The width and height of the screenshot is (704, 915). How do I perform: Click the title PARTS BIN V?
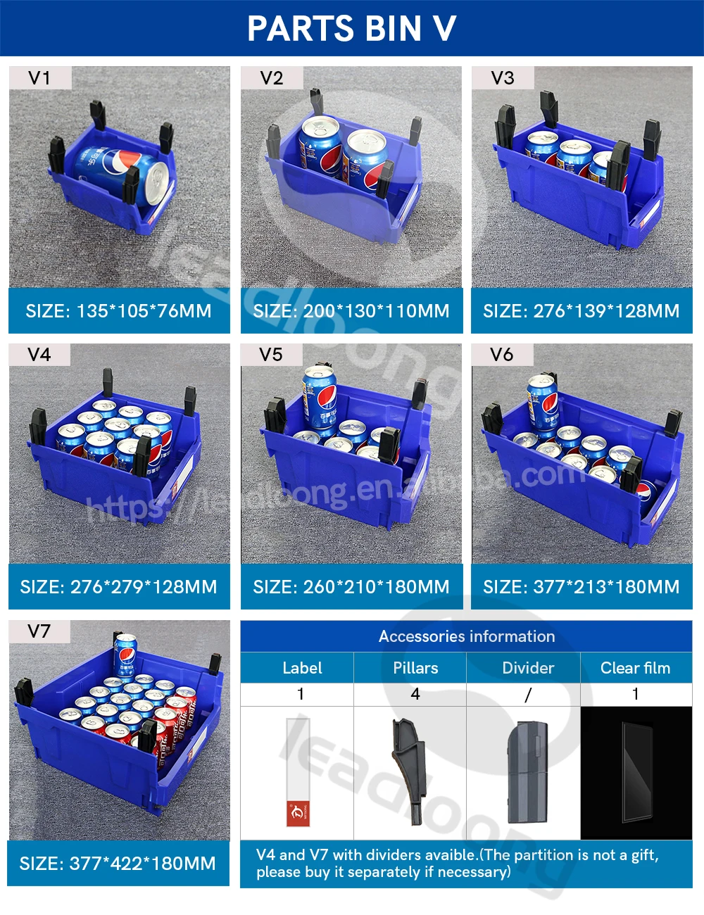tap(351, 28)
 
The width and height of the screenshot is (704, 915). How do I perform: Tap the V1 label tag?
tap(39, 78)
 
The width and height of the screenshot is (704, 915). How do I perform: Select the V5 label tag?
tap(271, 355)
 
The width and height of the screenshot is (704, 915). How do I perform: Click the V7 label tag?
tap(39, 631)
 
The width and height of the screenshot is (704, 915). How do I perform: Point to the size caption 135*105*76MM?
tap(118, 311)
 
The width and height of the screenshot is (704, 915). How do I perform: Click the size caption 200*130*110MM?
tap(351, 311)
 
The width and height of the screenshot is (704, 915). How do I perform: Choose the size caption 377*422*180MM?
tap(118, 864)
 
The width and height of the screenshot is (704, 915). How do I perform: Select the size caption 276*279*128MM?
tap(118, 587)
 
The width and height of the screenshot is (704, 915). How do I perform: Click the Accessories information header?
tap(466, 636)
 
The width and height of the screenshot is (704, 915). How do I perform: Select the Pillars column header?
tap(415, 668)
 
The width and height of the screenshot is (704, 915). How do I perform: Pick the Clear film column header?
tap(635, 668)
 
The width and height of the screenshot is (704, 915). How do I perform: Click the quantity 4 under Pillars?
tap(415, 694)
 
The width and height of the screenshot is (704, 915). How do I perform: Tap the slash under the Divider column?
tap(528, 695)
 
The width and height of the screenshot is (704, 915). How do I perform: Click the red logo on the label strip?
tap(298, 813)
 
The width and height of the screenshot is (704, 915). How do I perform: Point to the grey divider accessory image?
tap(523, 773)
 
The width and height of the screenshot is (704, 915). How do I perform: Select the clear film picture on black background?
tap(636, 773)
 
